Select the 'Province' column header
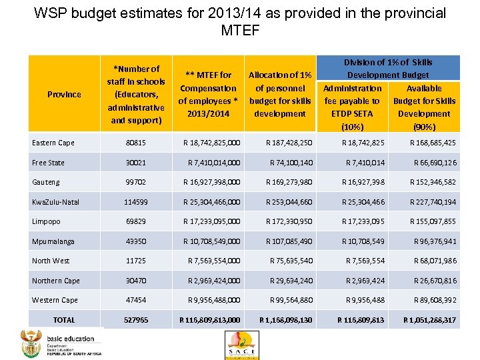pyautogui.click(x=64, y=94)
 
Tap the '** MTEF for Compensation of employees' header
pyautogui.click(x=207, y=94)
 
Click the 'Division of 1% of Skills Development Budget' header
pyautogui.click(x=388, y=69)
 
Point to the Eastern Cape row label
pyautogui.click(x=53, y=143)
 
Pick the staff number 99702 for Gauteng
pyautogui.click(x=135, y=182)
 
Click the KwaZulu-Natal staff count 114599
pyautogui.click(x=135, y=202)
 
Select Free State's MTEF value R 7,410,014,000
pyautogui.click(x=214, y=163)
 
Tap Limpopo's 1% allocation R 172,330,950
pyautogui.click(x=289, y=221)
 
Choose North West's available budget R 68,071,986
pyautogui.click(x=435, y=261)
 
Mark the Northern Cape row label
pyautogui.click(x=55, y=281)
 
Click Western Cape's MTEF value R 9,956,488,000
pyautogui.click(x=214, y=300)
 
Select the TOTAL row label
pyautogui.click(x=64, y=320)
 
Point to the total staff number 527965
pyautogui.click(x=135, y=320)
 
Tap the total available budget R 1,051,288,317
pyautogui.click(x=429, y=320)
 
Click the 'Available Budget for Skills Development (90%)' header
pyautogui.click(x=424, y=107)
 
